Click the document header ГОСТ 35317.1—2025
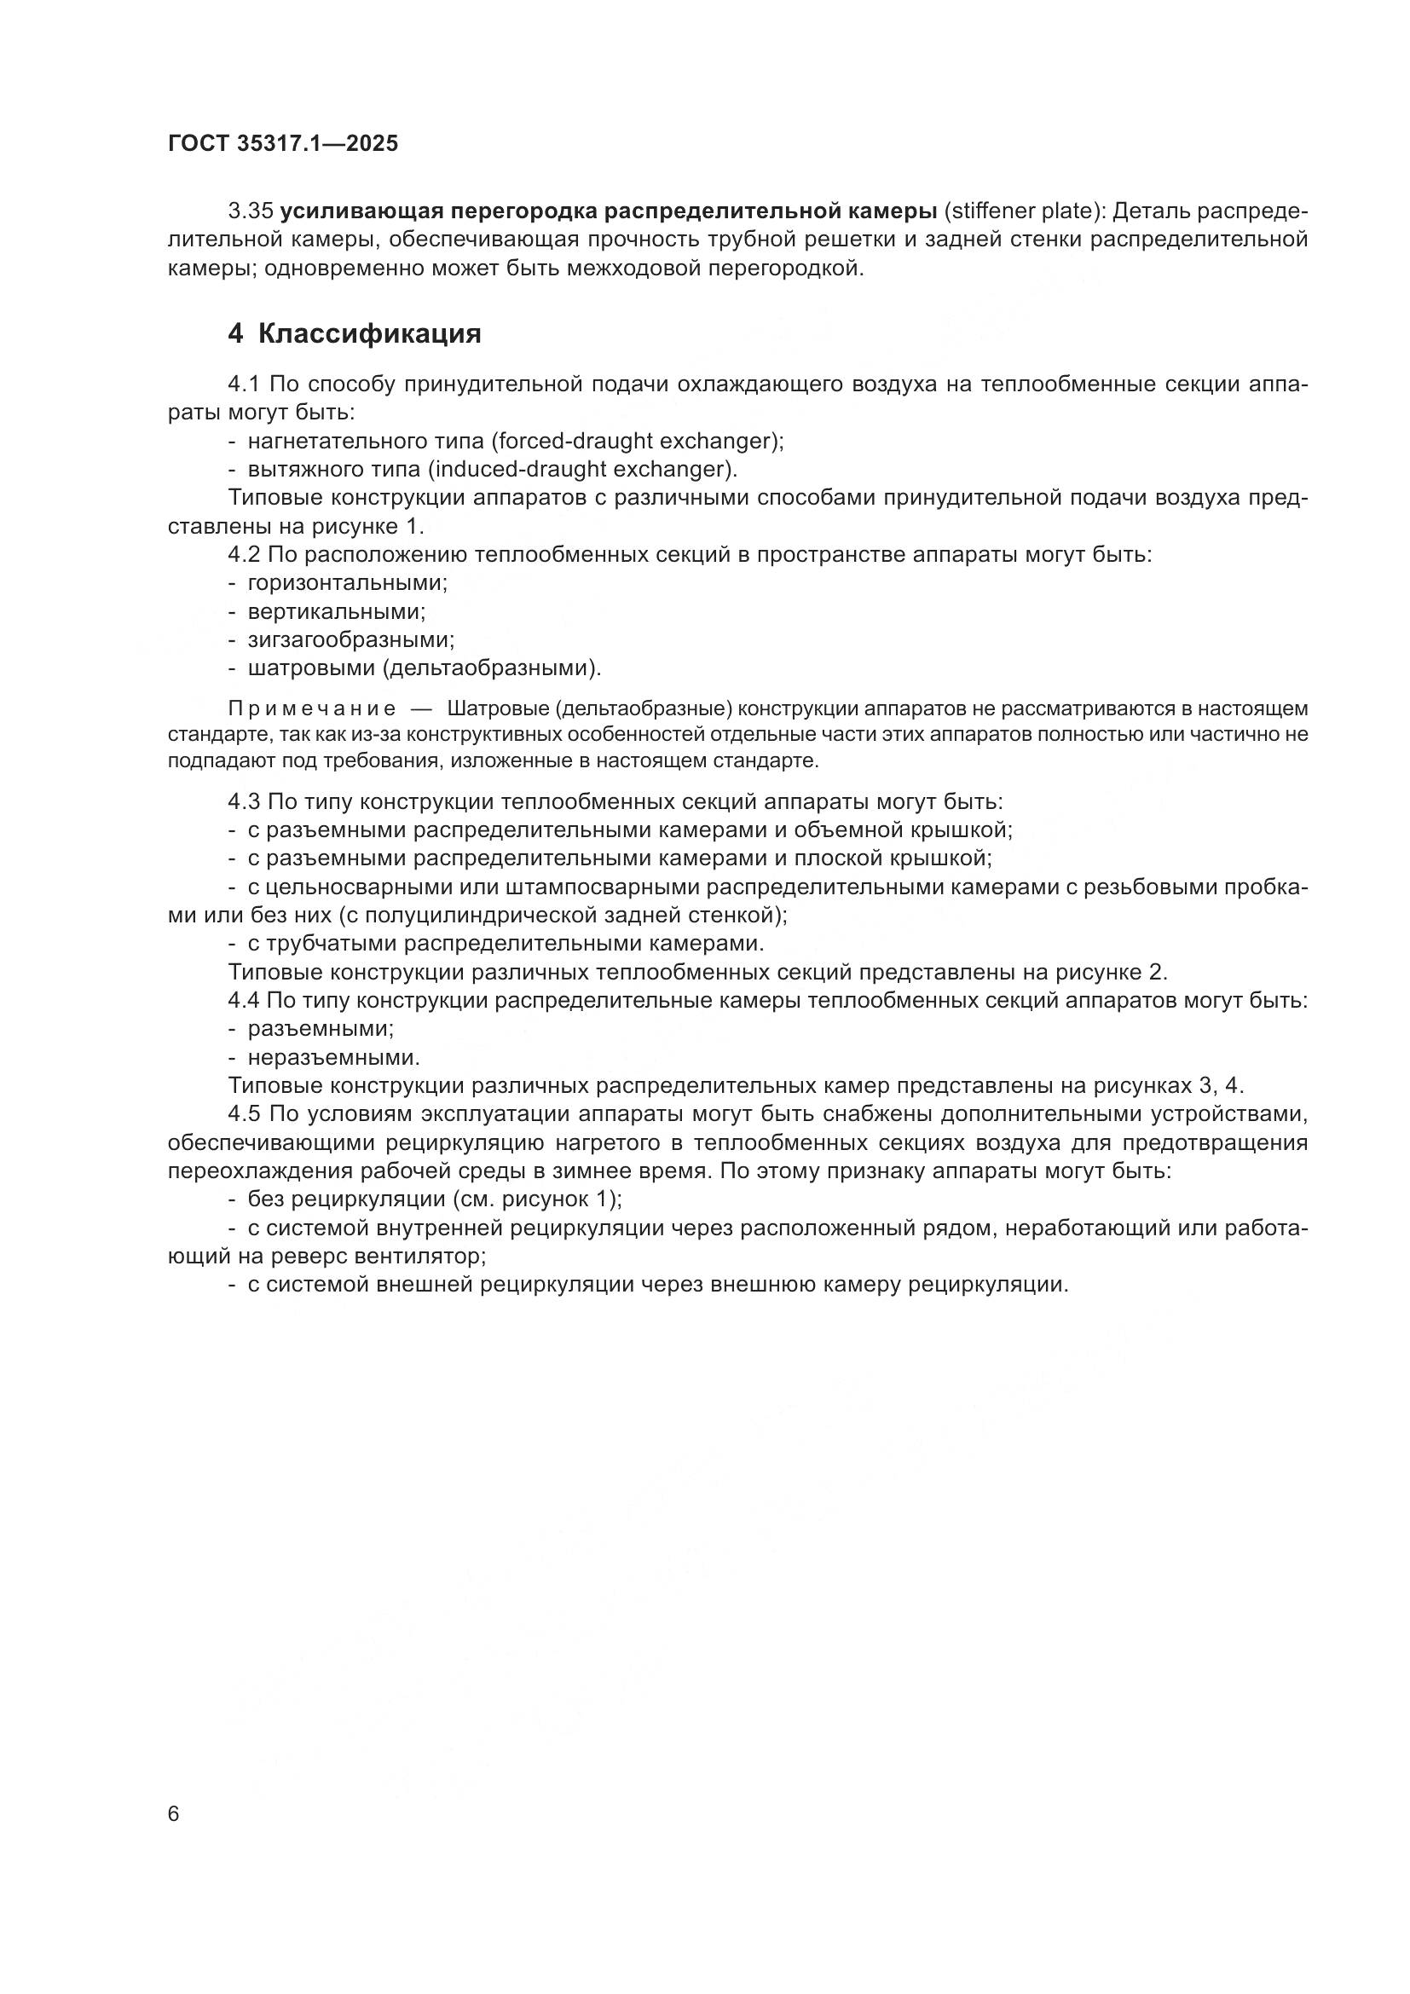pyautogui.click(x=283, y=144)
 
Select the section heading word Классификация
pyautogui.click(x=369, y=333)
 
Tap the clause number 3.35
pyautogui.click(x=251, y=211)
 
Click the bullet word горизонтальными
pyautogui.click(x=347, y=583)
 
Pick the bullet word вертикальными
pyautogui.click(x=337, y=611)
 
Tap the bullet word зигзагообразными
pyautogui.click(x=350, y=640)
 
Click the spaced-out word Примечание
pyautogui.click(x=312, y=709)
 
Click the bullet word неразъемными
pyautogui.click(x=333, y=1058)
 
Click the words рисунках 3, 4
pyautogui.click(x=1170, y=1086)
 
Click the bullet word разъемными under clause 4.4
pyautogui.click(x=321, y=1029)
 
